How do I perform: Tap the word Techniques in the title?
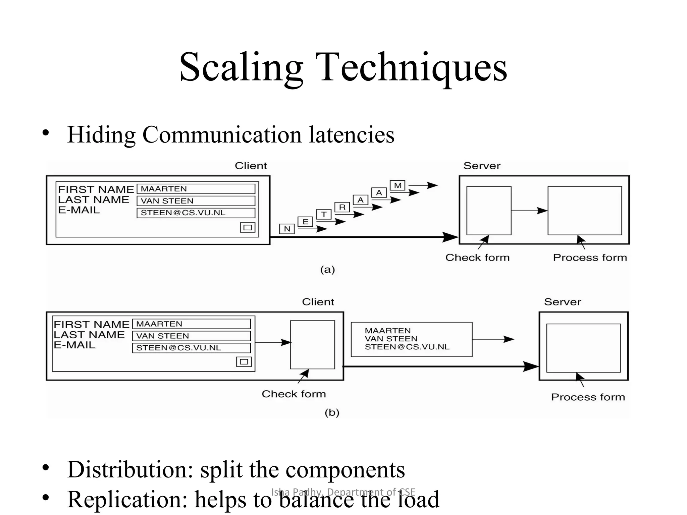click(413, 67)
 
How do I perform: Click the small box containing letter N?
click(287, 229)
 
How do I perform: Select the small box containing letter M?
click(398, 185)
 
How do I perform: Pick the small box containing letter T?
click(324, 214)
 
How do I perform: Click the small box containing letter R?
click(342, 207)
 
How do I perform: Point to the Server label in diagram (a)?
click(482, 166)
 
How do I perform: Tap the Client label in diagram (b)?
click(318, 302)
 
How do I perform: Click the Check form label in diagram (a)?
click(477, 257)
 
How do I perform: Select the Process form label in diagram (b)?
click(588, 397)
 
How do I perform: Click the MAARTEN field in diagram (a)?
click(196, 189)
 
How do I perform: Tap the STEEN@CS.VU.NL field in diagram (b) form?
click(191, 348)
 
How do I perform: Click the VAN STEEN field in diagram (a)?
click(196, 201)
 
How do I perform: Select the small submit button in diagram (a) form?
click(248, 228)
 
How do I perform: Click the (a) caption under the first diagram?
click(327, 270)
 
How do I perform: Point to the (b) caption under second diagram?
click(332, 413)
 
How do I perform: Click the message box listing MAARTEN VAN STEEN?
click(411, 339)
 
